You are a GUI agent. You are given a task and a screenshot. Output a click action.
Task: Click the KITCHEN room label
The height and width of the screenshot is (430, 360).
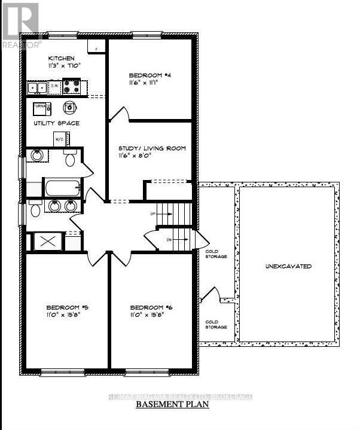click(61, 59)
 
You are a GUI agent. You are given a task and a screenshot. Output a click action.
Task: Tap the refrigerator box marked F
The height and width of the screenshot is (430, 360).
click(96, 45)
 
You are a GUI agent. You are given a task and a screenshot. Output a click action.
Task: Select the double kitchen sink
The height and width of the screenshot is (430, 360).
click(36, 88)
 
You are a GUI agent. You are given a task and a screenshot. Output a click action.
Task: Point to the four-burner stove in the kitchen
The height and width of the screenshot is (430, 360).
click(72, 88)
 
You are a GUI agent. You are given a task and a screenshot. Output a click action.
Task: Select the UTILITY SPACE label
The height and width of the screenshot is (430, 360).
click(56, 123)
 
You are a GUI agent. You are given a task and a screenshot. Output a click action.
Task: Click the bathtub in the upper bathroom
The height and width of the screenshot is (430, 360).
click(62, 188)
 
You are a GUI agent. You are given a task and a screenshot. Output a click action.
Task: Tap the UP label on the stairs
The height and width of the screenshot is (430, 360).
click(152, 213)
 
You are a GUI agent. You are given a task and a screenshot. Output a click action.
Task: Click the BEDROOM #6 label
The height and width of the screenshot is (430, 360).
click(152, 307)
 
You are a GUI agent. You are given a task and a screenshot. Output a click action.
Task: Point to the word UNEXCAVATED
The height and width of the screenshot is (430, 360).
click(289, 266)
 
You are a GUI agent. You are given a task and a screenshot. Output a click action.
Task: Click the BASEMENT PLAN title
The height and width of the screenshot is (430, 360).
click(173, 404)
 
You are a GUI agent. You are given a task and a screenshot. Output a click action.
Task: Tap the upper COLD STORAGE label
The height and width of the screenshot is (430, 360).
click(216, 254)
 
